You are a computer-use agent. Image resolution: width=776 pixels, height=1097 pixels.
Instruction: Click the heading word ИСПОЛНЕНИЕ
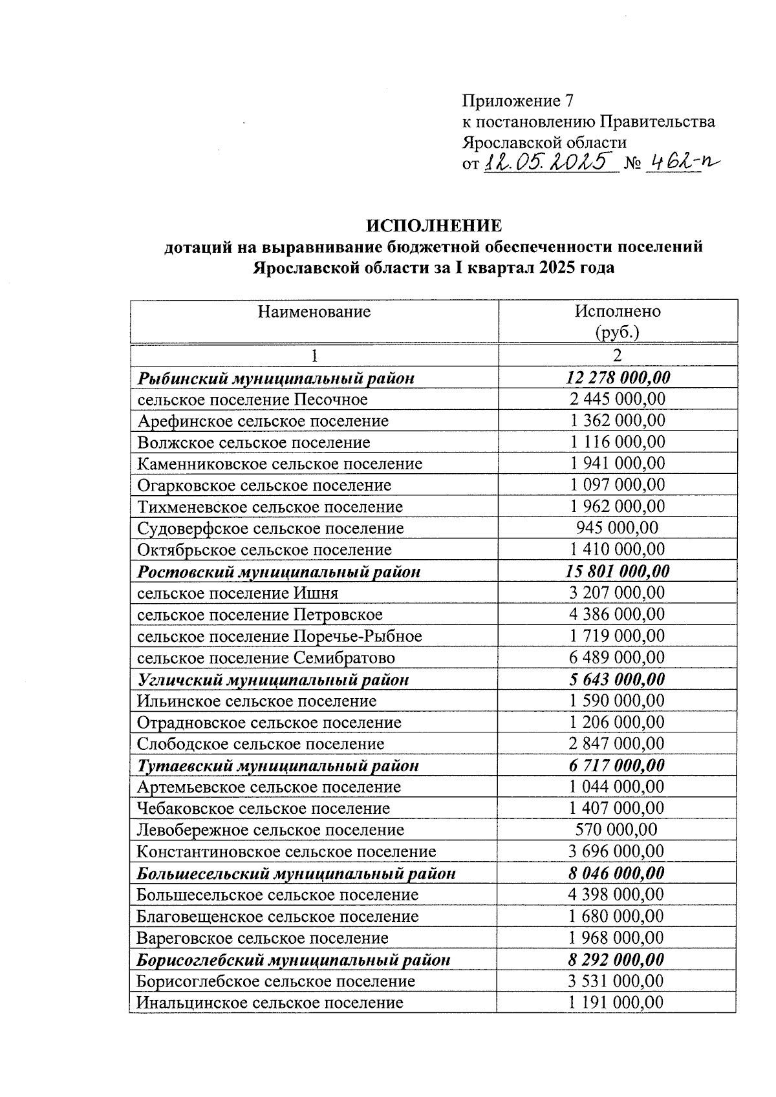(x=433, y=226)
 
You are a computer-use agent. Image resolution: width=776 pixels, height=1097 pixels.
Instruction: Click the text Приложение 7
(x=517, y=101)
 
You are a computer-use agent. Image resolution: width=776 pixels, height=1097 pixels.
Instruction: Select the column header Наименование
(x=314, y=312)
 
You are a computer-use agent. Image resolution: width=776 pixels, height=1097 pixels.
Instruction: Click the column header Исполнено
(x=618, y=311)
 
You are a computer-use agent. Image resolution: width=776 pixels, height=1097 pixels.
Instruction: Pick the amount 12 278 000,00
(x=618, y=378)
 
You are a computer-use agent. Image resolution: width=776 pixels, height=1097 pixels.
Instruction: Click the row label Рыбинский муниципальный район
(x=276, y=378)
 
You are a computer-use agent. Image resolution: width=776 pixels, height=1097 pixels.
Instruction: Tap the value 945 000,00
(x=618, y=528)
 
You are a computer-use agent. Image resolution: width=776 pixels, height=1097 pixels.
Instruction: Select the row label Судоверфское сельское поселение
(x=270, y=529)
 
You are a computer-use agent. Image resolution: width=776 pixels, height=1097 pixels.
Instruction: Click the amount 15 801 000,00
(x=618, y=571)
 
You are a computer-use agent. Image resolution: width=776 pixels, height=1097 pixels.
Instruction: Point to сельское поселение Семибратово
(x=266, y=658)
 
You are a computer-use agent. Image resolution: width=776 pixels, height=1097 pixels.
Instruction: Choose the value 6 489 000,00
(x=618, y=657)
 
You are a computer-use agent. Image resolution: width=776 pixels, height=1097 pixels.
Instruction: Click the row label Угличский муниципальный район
(x=273, y=680)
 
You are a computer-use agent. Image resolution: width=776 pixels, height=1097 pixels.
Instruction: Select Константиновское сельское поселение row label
(x=286, y=852)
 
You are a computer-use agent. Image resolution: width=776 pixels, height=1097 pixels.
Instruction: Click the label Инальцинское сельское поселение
(x=270, y=1003)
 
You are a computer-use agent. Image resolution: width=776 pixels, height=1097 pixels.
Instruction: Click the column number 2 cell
(x=618, y=356)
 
